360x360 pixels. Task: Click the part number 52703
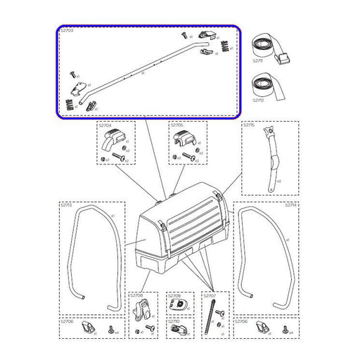66,32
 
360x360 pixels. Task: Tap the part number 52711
259,63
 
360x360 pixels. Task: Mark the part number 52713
66,207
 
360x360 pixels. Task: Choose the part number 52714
290,206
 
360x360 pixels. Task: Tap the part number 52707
210,296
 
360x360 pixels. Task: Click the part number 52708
136,296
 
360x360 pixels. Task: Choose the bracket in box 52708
143,308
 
